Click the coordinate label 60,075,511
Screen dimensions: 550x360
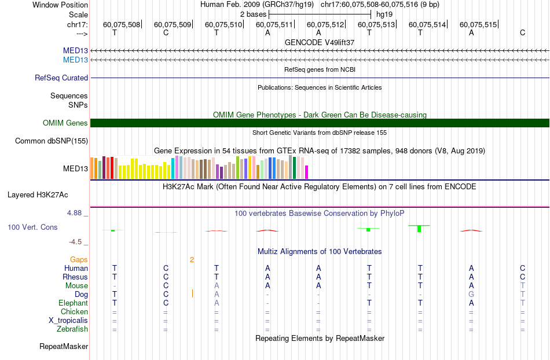click(274, 24)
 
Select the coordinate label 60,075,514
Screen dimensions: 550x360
click(427, 24)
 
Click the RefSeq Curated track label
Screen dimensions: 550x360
click(61, 78)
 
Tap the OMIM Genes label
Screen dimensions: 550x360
click(65, 123)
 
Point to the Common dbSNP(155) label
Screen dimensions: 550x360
click(52, 141)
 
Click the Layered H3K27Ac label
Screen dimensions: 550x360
click(38, 195)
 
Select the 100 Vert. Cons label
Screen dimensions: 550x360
click(32, 227)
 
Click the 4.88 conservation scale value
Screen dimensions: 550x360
click(74, 213)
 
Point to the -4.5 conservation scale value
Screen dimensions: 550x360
click(75, 242)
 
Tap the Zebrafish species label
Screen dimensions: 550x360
click(72, 329)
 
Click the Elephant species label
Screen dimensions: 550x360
click(74, 303)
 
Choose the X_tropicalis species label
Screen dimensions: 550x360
click(68, 321)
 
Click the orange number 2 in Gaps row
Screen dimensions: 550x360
click(192, 260)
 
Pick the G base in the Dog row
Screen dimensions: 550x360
click(471, 294)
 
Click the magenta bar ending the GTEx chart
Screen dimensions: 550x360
click(307, 172)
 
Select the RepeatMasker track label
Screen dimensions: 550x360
click(64, 347)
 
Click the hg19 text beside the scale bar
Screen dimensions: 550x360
click(384, 14)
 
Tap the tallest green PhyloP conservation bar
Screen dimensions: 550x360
click(419, 229)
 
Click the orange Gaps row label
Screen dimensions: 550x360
click(79, 260)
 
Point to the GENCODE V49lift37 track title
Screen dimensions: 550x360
click(320, 42)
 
